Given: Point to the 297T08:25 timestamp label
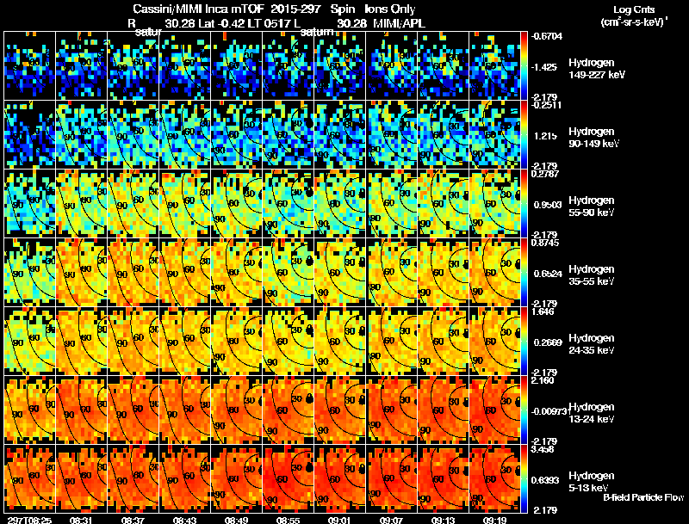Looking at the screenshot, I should coord(28,519).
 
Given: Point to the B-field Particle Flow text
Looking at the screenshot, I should coord(643,497).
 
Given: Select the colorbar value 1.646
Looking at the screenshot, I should coord(543,313).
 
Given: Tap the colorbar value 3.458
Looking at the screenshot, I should coord(543,450).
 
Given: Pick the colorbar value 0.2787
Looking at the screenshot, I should coord(545,175).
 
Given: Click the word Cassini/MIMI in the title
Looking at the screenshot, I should coord(163,9).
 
